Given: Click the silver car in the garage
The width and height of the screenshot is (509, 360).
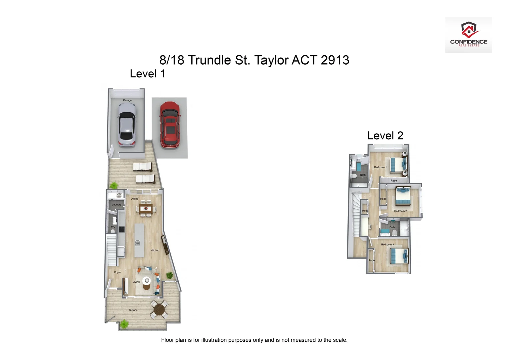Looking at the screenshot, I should click(x=127, y=125).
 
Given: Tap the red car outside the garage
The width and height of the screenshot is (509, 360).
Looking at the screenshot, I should click(x=170, y=125).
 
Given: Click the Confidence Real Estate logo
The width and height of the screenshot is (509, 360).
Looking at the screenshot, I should click(x=468, y=35).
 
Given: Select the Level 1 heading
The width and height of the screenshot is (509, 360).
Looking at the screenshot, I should click(x=147, y=74).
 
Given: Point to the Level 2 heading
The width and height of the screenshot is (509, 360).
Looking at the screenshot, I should click(x=385, y=136).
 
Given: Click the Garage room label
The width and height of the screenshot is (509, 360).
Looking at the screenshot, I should click(x=127, y=100).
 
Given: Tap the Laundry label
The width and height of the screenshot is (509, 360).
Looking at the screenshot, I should click(x=116, y=205).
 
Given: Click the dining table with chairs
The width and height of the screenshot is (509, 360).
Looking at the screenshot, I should click(x=146, y=209).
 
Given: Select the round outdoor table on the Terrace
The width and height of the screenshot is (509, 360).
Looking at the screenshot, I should click(x=159, y=309).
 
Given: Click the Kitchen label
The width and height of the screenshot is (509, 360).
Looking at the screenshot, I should click(x=155, y=250).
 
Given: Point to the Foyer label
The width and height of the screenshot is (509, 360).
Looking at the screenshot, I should click(x=118, y=272).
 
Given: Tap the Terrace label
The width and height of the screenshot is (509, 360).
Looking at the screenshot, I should click(x=133, y=310).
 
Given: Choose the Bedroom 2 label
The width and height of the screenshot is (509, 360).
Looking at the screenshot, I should click(x=400, y=211).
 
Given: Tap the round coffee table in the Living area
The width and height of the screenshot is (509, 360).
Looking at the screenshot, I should click(x=146, y=280).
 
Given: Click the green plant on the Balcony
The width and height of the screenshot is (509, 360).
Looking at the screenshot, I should click(x=114, y=185).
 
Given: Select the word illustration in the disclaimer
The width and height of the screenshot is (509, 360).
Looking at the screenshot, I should click(x=214, y=340).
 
